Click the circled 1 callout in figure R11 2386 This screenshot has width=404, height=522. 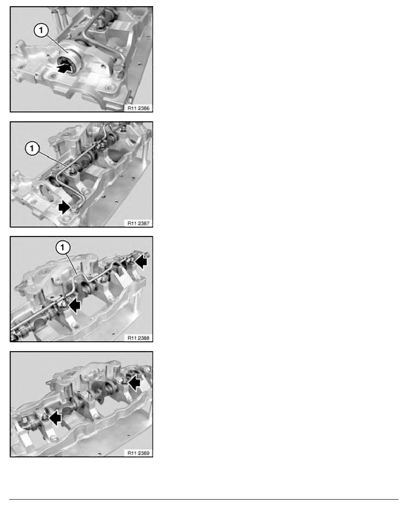[41, 31]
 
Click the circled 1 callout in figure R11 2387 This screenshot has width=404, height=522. [32, 148]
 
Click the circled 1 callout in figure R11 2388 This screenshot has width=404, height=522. [63, 247]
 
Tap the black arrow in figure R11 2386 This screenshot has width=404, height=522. [65, 68]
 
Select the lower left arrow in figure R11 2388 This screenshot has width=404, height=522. [74, 305]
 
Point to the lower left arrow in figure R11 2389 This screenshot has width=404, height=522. [55, 417]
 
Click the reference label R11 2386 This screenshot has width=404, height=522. [138, 108]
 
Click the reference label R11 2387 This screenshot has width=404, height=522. [138, 223]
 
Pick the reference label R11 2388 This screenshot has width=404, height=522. [138, 338]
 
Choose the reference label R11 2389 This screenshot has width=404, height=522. [138, 453]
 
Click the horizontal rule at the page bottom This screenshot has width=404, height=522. [203, 499]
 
